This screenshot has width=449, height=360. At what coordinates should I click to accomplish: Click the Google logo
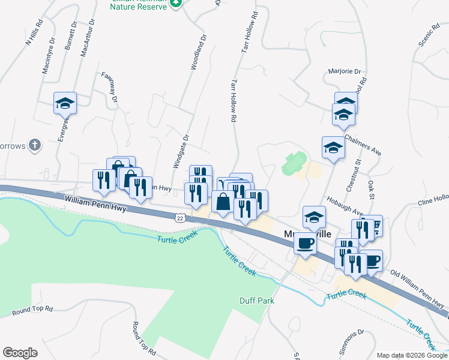point(20,353)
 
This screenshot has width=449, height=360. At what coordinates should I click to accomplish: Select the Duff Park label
point(256,300)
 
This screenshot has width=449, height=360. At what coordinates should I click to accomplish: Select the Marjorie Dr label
point(345,71)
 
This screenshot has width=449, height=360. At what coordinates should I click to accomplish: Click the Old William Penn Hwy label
point(418,286)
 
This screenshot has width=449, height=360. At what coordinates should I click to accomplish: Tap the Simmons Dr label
point(352,340)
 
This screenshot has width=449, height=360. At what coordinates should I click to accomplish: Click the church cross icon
point(35,145)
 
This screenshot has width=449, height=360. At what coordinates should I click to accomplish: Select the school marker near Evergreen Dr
point(65,103)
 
